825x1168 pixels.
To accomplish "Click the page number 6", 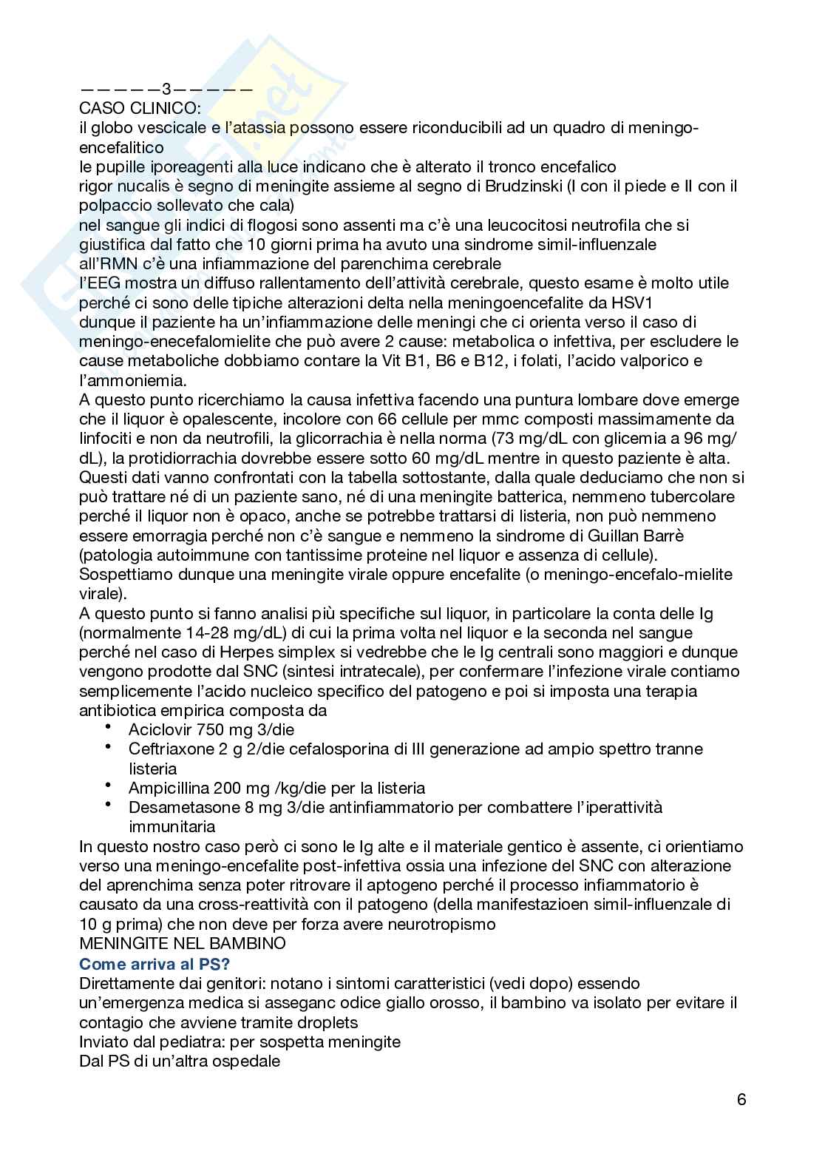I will [x=741, y=1099].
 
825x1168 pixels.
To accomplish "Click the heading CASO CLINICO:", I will [x=135, y=109].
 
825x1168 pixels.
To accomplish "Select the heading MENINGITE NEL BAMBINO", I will [x=182, y=944].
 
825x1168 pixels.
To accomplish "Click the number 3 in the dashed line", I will [x=166, y=90].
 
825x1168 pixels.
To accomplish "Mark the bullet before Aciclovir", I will [x=109, y=726].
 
